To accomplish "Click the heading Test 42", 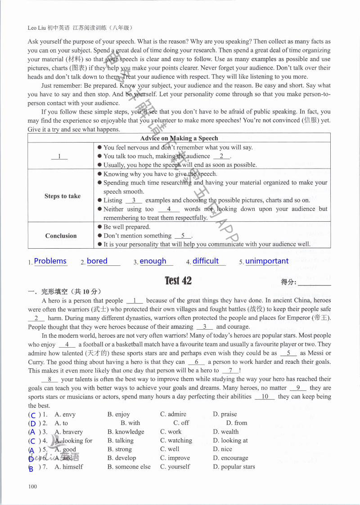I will tap(178, 281).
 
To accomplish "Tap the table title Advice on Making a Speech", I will tap(179, 138).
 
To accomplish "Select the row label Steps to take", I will tap(63, 196).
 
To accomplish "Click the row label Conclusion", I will tap(61, 236).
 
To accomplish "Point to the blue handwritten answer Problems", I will tap(50, 261).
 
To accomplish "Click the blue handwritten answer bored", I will tap(97, 261).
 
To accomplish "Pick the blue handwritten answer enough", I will tap(153, 261).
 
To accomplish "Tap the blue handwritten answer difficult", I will tap(206, 261).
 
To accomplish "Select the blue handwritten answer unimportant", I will tap(267, 261).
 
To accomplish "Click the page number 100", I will tap(32, 486).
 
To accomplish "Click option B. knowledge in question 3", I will tap(126, 432).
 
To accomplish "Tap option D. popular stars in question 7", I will tap(234, 467).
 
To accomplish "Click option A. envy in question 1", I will tap(65, 414).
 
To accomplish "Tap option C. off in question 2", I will tap(181, 423).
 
